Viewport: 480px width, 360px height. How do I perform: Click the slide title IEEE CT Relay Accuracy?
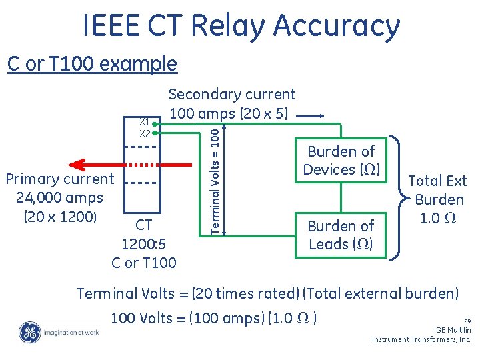(241, 25)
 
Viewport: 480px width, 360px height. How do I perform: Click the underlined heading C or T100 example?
(92, 64)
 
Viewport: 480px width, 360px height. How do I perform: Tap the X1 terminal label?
(143, 121)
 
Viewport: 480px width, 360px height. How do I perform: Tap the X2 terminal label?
(144, 133)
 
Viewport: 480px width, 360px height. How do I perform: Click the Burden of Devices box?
(341, 160)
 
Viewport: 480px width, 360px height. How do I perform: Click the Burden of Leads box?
(341, 235)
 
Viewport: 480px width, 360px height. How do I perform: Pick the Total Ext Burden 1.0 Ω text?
(437, 199)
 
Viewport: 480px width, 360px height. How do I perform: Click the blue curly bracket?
(397, 198)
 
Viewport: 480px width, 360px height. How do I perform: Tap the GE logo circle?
(29, 332)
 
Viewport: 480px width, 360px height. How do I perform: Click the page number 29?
(467, 320)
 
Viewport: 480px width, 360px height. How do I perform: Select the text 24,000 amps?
(60, 197)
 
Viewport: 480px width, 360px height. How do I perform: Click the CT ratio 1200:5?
(144, 244)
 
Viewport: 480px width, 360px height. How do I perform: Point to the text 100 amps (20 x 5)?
(229, 113)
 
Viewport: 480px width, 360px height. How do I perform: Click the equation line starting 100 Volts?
(213, 318)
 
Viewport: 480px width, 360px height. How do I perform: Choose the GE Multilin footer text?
(453, 330)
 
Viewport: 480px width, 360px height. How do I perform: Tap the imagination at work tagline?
(71, 332)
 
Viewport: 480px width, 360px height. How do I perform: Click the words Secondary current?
(231, 95)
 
